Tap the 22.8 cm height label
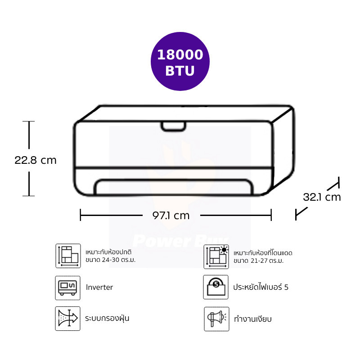36,160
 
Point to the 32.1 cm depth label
322,197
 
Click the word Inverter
99,287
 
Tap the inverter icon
67,288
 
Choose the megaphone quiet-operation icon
216,319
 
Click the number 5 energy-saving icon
216,287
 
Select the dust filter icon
67,319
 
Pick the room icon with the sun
216,256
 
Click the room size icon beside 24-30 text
67,256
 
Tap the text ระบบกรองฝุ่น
107,319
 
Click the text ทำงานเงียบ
253,319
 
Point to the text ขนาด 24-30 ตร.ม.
110,260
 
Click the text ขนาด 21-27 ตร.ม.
259,261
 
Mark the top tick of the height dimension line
29,121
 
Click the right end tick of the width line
271,215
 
